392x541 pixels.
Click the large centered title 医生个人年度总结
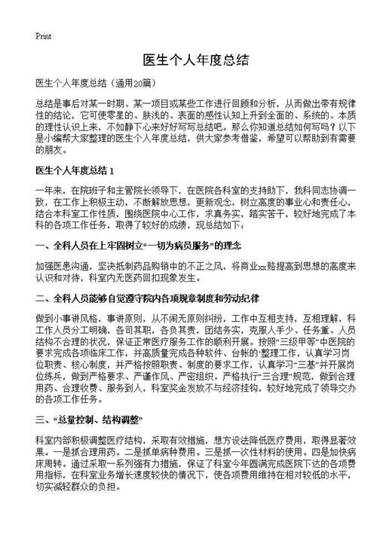tap(196, 59)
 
